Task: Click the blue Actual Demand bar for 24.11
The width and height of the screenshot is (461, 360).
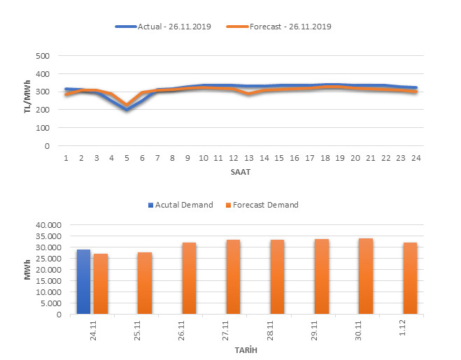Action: tap(83, 282)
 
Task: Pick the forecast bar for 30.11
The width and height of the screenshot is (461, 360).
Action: tap(366, 276)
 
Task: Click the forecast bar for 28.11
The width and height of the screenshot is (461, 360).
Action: tap(278, 277)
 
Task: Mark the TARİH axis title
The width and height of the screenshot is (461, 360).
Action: tap(241, 350)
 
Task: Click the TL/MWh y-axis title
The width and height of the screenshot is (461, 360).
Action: tap(28, 101)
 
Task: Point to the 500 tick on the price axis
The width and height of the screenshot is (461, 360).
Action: tap(43, 56)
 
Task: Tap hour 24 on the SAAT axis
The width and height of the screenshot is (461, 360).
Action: tap(416, 157)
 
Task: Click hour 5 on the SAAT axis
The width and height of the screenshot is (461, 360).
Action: tap(127, 157)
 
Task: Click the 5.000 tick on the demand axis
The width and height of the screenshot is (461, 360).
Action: tap(52, 303)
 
